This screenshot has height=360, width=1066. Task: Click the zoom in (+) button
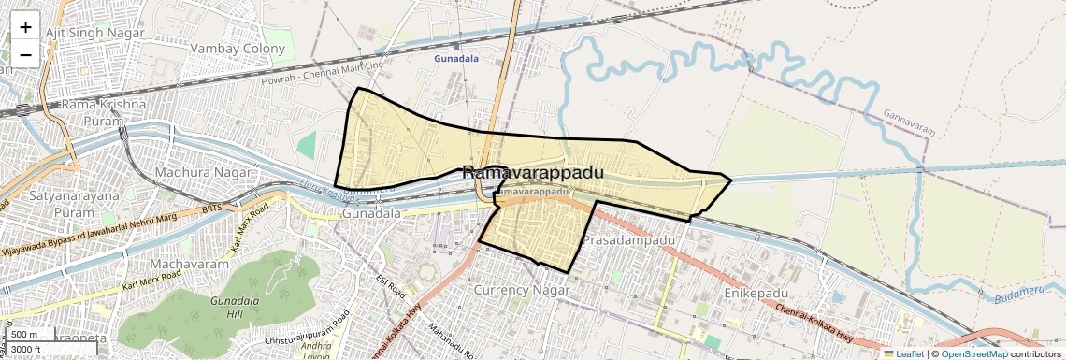point(25,27)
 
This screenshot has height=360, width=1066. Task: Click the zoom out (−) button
point(25,55)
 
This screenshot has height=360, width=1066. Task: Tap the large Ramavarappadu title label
point(533,173)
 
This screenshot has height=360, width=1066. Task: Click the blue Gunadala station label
point(456,58)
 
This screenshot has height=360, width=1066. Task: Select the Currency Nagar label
point(522,290)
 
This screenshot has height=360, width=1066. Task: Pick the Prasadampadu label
point(628,241)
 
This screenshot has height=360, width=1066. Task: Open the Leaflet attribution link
point(903,353)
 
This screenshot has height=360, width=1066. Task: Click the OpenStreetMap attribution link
point(973,353)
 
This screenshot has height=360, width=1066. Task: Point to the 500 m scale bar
point(25,335)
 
